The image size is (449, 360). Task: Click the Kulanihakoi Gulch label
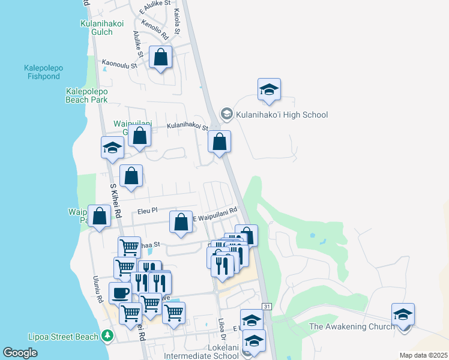[102, 28]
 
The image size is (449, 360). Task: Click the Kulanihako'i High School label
[282, 115]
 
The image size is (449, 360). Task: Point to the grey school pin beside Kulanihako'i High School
[226, 113]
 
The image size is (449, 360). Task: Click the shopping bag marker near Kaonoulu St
[161, 58]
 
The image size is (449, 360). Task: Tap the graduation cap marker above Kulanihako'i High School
[270, 90]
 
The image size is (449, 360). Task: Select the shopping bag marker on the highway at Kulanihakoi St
[220, 143]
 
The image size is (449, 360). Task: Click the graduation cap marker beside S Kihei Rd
[112, 149]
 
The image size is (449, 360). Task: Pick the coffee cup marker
[120, 293]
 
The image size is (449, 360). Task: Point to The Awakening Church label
[352, 326]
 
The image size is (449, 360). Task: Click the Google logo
[20, 353]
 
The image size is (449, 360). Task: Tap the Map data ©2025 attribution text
[423, 355]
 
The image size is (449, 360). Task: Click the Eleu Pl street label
[147, 211]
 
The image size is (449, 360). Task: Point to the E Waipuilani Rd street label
[215, 214]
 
